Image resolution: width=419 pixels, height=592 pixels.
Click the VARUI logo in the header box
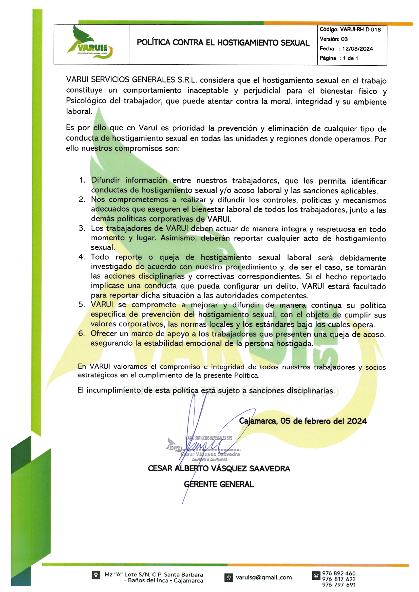pos(90,43)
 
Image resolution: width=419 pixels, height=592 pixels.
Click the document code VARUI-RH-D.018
pos(360,30)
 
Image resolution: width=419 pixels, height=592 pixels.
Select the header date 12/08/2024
pos(358,49)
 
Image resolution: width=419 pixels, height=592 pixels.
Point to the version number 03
pos(344,39)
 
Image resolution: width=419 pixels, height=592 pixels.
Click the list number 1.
pos(82,180)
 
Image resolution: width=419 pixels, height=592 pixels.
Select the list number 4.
pos(81,257)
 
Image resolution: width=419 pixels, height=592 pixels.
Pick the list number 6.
pos(81,333)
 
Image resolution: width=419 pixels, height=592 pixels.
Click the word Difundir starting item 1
pos(105,180)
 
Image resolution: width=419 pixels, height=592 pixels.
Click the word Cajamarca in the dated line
pos(258,421)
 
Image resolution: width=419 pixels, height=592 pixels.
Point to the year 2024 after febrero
pos(357,421)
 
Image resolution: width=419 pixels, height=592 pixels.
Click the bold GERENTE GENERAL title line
pos(219,484)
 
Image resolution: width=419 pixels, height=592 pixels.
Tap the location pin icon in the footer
pos(96,575)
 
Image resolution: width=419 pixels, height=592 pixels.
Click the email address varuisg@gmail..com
pos(264,578)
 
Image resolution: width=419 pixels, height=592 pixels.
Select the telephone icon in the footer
pos(316,576)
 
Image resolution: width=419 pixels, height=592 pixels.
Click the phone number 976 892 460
pos(339,574)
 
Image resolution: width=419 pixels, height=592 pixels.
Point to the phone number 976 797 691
pos(339,585)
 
